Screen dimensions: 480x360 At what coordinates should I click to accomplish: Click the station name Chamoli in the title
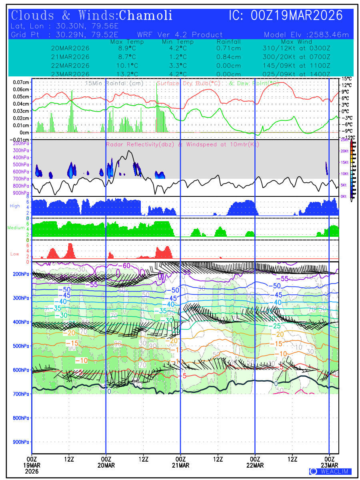[146, 16]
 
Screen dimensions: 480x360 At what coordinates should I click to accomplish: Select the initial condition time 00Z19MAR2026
[297, 16]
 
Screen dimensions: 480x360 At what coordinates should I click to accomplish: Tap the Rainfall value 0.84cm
[229, 57]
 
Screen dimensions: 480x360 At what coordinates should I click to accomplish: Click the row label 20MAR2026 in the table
[70, 48]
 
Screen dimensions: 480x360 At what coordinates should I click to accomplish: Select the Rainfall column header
[229, 42]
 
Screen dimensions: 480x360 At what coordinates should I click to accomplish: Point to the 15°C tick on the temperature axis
[346, 79]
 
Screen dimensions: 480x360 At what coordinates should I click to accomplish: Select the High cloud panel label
[15, 206]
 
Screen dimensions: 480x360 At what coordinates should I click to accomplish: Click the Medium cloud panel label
[16, 228]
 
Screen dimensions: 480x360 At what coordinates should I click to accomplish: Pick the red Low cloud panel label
[15, 254]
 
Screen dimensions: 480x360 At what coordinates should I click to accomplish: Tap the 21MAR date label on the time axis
[180, 465]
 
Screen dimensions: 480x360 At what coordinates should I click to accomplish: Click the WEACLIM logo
[330, 472]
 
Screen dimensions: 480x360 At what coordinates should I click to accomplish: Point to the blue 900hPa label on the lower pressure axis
[20, 442]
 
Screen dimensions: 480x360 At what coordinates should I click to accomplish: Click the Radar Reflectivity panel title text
[182, 144]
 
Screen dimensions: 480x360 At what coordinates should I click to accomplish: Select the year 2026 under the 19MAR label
[32, 471]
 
